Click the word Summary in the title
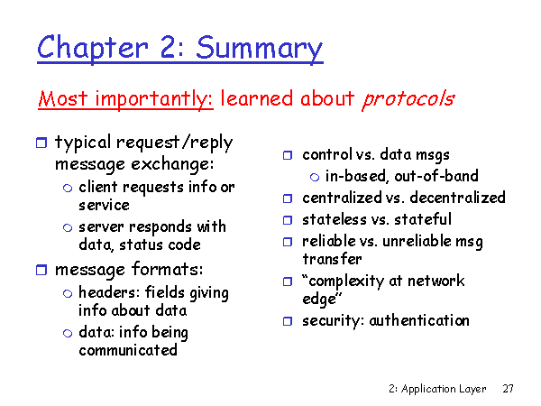[259, 49]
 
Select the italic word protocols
[408, 99]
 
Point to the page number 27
[508, 388]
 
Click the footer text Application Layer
[444, 389]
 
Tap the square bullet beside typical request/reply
[41, 143]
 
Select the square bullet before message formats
[41, 270]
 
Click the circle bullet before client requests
[68, 188]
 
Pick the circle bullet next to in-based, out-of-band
[315, 177]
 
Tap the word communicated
[128, 350]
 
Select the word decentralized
[457, 198]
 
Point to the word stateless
[334, 219]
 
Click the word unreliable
[417, 241]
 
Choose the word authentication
[419, 320]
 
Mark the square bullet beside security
[288, 321]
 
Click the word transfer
[332, 259]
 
